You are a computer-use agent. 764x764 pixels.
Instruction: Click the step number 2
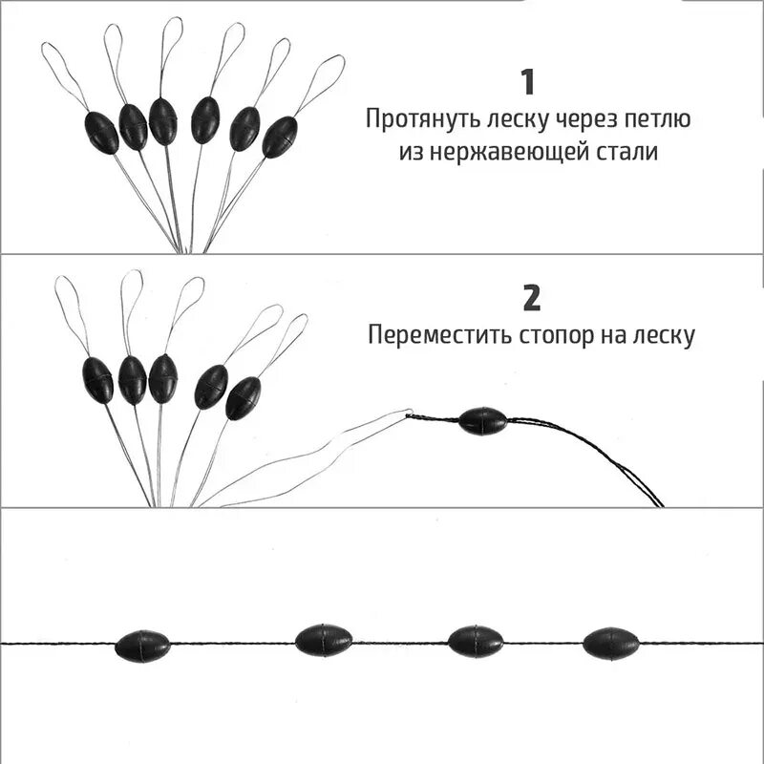tap(531, 299)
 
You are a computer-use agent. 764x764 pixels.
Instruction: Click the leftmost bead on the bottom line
tap(142, 646)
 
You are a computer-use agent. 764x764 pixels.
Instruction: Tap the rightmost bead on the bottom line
tap(610, 643)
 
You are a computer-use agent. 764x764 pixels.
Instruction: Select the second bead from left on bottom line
tap(324, 639)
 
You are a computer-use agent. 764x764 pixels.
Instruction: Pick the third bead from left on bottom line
tap(476, 641)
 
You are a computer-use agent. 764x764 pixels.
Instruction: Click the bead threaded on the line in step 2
tap(482, 421)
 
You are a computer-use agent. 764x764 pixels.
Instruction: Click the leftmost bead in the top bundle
tap(101, 132)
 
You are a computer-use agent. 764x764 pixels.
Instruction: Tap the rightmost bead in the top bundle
tap(280, 137)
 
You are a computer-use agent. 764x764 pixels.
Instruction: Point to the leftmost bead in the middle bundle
tap(97, 379)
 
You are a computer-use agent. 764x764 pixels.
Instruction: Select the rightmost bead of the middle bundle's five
tap(243, 397)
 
